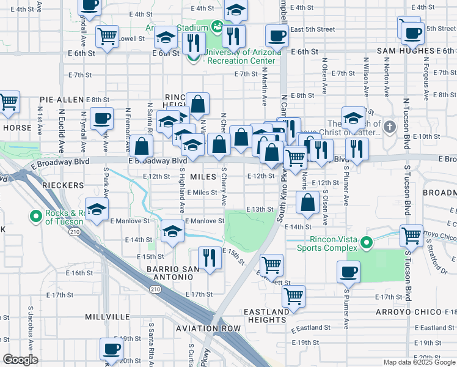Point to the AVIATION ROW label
pos(208,328)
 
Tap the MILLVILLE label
pos(107,316)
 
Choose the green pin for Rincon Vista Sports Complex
pos(367,243)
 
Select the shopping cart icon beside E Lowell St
pos(108,35)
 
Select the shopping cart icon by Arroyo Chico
pos(411,235)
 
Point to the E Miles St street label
pos(202,192)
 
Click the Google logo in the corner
pos(20,360)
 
